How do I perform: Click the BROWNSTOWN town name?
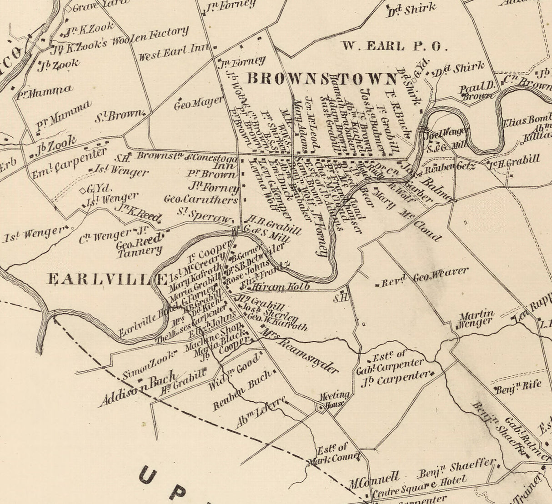tap(322, 79)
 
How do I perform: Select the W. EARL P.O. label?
tap(395, 46)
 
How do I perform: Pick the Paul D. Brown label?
tap(477, 91)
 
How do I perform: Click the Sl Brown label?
tap(118, 116)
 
